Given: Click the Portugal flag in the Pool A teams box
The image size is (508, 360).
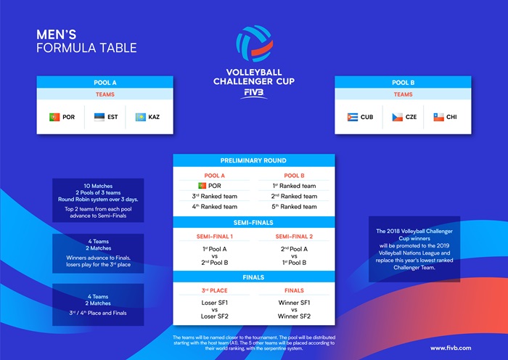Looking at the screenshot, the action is pos(54,117).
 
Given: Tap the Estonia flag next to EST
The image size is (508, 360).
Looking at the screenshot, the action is pos(99,117).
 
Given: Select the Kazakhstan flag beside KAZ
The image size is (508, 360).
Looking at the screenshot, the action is pos(141,117).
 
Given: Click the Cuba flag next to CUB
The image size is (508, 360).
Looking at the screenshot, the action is pos(353,117).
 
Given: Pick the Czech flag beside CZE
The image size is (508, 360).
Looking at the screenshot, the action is pos(397,117).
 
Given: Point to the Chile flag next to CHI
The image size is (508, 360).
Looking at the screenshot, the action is pos(438,117).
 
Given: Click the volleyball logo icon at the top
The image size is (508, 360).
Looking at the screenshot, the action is pos(254,44).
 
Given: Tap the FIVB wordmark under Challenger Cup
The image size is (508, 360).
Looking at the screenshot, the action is pos(254,94).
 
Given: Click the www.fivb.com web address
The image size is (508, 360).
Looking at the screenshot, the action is pos(451,348).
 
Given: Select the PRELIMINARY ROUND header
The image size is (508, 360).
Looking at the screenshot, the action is pos(253,160).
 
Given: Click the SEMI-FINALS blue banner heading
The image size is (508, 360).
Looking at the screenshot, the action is pos(253,223).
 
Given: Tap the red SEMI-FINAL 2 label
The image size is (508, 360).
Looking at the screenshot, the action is pos(294,237).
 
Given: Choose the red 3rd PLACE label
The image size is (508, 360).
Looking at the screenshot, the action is pos(215,290).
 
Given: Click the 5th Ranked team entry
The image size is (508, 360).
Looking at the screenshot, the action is pos(294,206).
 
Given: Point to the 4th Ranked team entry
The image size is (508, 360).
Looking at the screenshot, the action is pos(215,206).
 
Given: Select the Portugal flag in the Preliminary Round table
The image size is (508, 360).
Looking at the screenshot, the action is pos(202,186).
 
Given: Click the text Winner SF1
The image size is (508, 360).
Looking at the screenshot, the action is pos(294,303).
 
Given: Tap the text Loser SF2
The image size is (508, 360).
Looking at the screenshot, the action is pos(215,316).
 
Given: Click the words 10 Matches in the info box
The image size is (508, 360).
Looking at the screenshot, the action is pos(98,186).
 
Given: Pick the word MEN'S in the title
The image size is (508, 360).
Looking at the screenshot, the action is pos(57,35).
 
